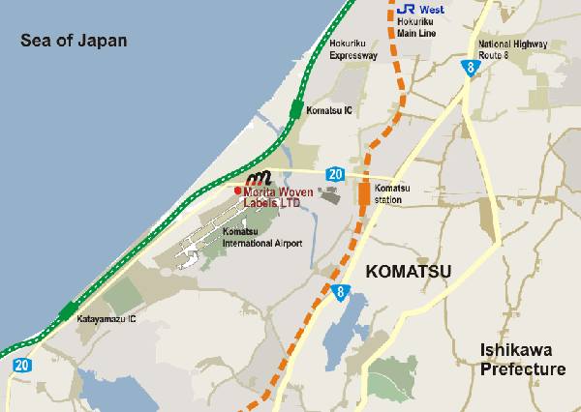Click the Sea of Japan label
[75, 41]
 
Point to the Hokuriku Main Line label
[415, 27]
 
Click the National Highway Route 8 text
[512, 49]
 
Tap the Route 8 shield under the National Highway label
[470, 68]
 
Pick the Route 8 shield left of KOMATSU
[340, 291]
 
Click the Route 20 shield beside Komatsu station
[335, 174]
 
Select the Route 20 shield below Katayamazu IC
[21, 366]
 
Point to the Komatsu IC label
[329, 111]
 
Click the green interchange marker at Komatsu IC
[295, 110]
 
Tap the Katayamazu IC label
[107, 318]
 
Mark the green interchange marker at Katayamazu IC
[67, 311]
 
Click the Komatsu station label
[393, 193]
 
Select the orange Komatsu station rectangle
[364, 193]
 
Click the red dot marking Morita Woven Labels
[237, 191]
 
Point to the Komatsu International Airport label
[261, 238]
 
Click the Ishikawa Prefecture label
[523, 360]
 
